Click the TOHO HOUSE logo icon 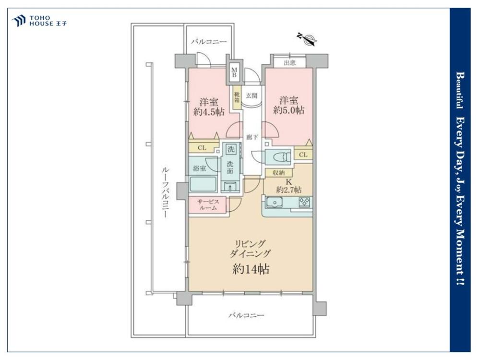(x=18, y=21)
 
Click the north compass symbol (x=307, y=39)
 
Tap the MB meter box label (x=234, y=72)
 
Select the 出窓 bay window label (x=289, y=63)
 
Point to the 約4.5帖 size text (x=209, y=112)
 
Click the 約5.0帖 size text (x=288, y=110)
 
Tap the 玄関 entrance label (x=252, y=96)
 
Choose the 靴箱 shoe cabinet (x=237, y=97)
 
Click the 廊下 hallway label (x=252, y=137)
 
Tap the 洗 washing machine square (x=231, y=149)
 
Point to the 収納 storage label (x=278, y=173)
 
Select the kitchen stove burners (x=304, y=202)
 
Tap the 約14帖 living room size (x=251, y=269)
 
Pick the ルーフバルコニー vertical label (x=165, y=192)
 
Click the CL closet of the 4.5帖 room (x=203, y=148)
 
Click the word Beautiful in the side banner (x=460, y=90)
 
